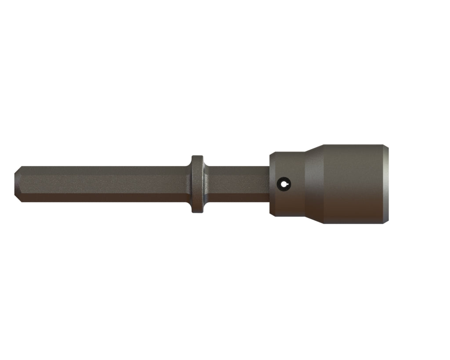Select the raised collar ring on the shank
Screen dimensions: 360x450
click(197, 184)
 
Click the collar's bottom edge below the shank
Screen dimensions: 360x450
click(197, 211)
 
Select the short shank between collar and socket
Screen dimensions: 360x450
click(237, 184)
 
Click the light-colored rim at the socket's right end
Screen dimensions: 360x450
click(386, 184)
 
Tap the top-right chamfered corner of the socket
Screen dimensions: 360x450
click(386, 147)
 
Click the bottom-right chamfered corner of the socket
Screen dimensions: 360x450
click(386, 221)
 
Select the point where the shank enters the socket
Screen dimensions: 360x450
click(270, 184)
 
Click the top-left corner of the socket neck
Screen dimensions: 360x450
click(272, 154)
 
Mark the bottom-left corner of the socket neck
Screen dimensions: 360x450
click(272, 215)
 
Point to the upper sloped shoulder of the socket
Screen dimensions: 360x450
click(314, 149)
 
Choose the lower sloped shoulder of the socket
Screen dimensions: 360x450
click(314, 219)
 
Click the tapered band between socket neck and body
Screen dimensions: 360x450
click(314, 184)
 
